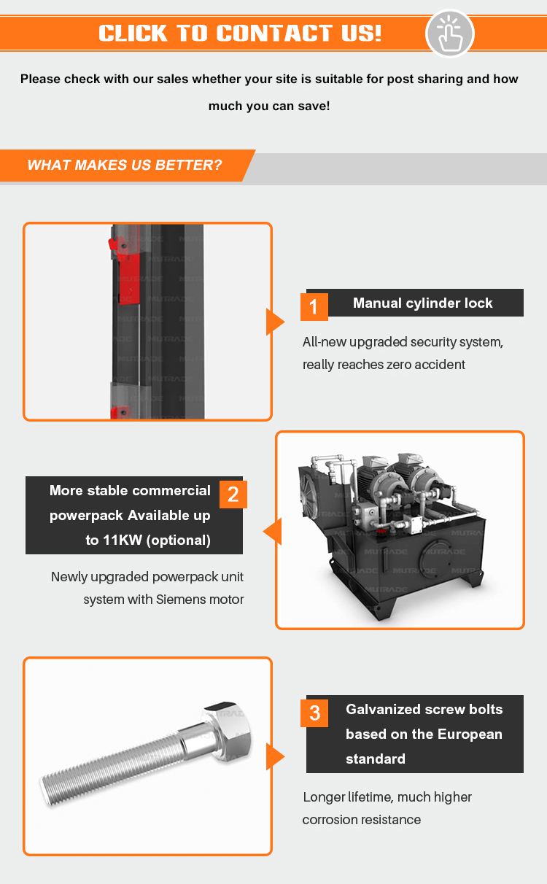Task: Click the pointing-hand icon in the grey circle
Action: pos(450,33)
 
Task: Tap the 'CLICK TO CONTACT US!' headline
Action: pos(240,33)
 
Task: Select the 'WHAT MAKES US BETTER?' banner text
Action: pos(124,165)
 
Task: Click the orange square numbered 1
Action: pos(314,306)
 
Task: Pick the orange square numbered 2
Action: pos(233,495)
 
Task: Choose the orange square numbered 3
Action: pos(314,713)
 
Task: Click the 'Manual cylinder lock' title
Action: pos(422,303)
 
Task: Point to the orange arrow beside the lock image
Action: pos(274,322)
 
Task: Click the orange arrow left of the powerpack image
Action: pos(272,531)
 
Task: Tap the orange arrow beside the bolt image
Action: pos(274,756)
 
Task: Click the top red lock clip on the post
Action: pos(115,245)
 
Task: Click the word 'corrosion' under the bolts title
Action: pos(331,820)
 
